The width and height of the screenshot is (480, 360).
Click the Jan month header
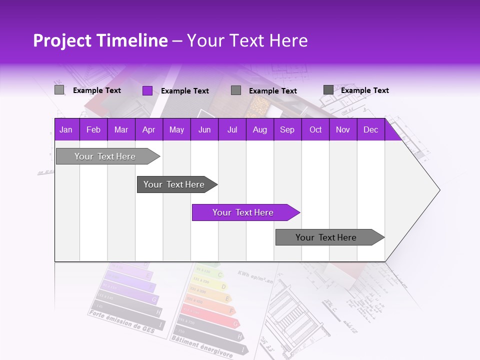[x=66, y=129]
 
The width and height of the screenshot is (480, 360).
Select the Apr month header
[x=149, y=129]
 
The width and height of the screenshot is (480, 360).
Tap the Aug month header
[x=260, y=129]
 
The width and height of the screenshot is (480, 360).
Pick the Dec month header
[x=371, y=129]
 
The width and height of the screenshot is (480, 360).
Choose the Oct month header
[x=315, y=129]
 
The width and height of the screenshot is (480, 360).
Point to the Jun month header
[x=204, y=129]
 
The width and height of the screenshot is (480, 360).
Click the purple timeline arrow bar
[x=242, y=212]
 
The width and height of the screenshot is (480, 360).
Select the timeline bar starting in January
[x=105, y=156]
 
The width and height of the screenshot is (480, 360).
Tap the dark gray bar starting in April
[x=174, y=184]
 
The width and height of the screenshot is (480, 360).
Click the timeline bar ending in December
[x=326, y=237]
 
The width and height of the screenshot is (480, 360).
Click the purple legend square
[x=147, y=90]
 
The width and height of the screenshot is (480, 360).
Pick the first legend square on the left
[x=59, y=90]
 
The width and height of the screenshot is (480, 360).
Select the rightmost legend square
[x=328, y=90]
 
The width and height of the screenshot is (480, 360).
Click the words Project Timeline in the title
[x=100, y=40]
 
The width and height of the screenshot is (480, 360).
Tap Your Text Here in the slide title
[x=247, y=40]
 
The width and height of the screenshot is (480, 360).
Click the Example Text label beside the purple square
[x=185, y=91]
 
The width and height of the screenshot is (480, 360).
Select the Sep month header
[x=287, y=129]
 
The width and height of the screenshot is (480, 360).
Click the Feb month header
[x=93, y=129]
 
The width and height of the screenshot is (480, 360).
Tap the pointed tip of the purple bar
[x=298, y=212]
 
